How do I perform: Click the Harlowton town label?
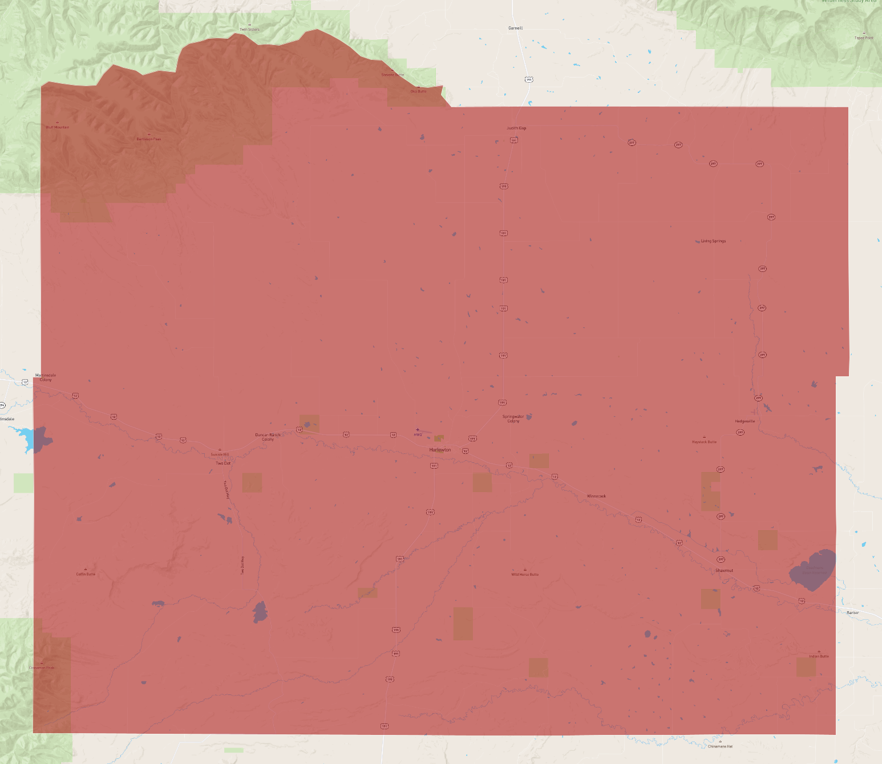point(440,450)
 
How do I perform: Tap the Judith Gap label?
point(516,128)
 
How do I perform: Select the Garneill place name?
point(515,28)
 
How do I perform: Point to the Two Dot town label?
point(223,463)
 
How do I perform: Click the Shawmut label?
point(725,570)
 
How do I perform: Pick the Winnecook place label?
point(596,496)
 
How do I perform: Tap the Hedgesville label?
point(745,421)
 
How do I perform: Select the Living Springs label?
point(713,241)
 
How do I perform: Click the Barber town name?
point(852,613)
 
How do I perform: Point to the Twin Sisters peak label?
point(249,30)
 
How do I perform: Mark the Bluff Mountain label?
point(57,127)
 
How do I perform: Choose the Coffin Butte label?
point(86,574)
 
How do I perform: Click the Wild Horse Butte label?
point(525,575)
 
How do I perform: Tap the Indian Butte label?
point(819,656)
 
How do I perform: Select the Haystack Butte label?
point(704,442)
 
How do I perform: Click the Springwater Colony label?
point(513,418)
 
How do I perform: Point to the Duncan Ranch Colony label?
point(268,437)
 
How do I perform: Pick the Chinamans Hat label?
point(720,746)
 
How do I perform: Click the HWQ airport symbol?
point(418,430)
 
